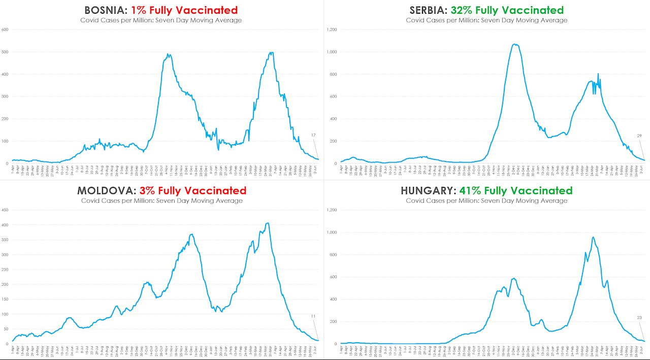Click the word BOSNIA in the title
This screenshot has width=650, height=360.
[x=106, y=10]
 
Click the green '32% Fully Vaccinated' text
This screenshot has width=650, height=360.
[x=507, y=10]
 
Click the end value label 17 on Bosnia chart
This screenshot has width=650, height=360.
[x=313, y=135]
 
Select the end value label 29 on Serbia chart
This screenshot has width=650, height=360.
[x=639, y=136]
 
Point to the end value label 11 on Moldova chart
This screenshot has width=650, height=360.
[x=313, y=316]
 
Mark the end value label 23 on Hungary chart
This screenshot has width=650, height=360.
[x=639, y=318]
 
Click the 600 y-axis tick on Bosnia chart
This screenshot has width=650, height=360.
[x=6, y=29]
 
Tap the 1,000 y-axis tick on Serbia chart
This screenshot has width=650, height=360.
[x=332, y=52]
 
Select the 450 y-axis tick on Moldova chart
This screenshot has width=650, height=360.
[x=6, y=210]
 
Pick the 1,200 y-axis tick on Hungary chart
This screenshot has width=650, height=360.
[x=332, y=210]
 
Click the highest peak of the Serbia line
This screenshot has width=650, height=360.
[x=515, y=44]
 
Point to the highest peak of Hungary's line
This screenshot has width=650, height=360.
[x=593, y=237]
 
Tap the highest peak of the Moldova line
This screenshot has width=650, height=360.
[x=268, y=223]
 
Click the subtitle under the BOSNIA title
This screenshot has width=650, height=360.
[x=161, y=20]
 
